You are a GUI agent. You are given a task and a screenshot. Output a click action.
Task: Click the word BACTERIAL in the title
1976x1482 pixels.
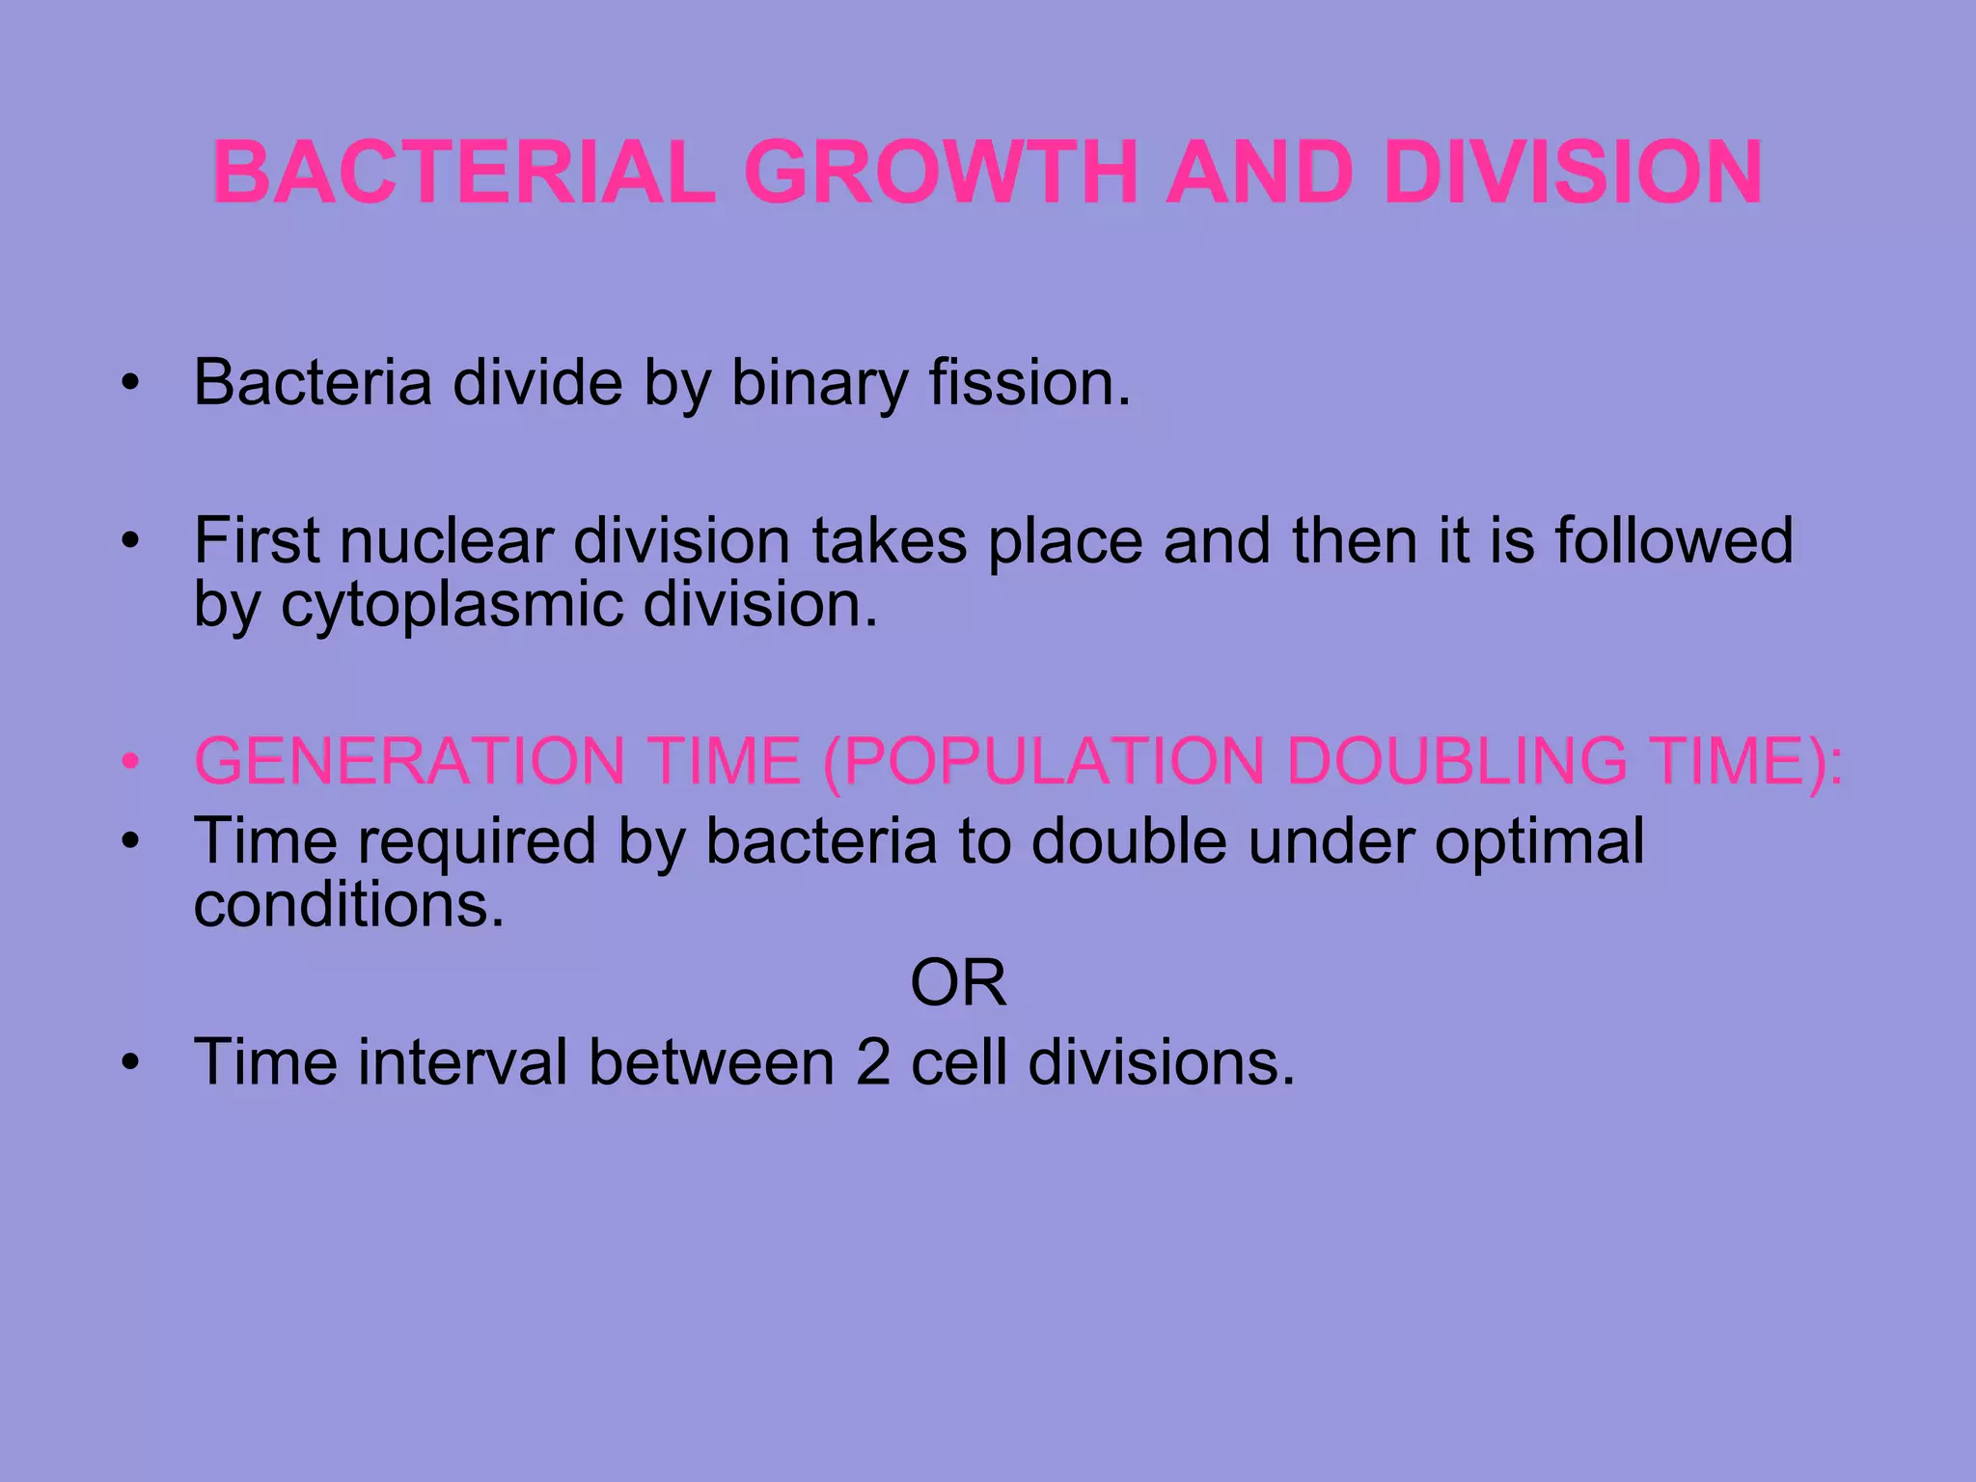click(464, 173)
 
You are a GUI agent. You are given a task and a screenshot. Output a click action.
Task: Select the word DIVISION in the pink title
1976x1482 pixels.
click(1573, 173)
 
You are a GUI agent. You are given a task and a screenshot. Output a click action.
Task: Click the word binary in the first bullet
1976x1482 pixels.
click(819, 384)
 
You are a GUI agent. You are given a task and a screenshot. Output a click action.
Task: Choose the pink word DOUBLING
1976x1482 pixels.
click(1457, 761)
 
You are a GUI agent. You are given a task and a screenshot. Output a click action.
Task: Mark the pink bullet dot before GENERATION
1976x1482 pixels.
click(131, 762)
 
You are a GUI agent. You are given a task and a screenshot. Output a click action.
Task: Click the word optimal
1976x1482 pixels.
click(1539, 842)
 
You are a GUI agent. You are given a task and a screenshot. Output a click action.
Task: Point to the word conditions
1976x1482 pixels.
click(348, 905)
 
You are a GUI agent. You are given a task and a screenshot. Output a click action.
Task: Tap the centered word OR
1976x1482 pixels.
click(958, 983)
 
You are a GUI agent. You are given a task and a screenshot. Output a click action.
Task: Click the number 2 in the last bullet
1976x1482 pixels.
click(873, 1062)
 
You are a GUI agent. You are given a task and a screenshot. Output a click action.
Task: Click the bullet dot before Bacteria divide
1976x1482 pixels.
click(131, 384)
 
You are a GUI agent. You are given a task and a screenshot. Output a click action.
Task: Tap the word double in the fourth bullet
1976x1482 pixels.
click(1129, 841)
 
